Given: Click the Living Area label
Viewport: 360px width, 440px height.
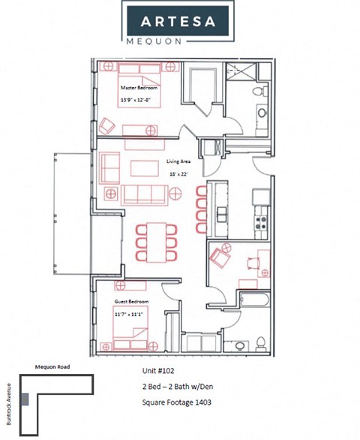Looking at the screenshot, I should click(x=178, y=161).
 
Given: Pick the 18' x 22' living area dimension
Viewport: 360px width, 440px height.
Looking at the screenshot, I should click(x=177, y=173).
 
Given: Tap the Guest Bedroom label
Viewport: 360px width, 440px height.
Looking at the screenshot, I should click(x=131, y=301).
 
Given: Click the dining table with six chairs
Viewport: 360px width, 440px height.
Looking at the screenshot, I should click(x=155, y=241).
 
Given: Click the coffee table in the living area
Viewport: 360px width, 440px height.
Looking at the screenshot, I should click(x=144, y=166).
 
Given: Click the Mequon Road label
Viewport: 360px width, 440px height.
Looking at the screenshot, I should click(x=52, y=367).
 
